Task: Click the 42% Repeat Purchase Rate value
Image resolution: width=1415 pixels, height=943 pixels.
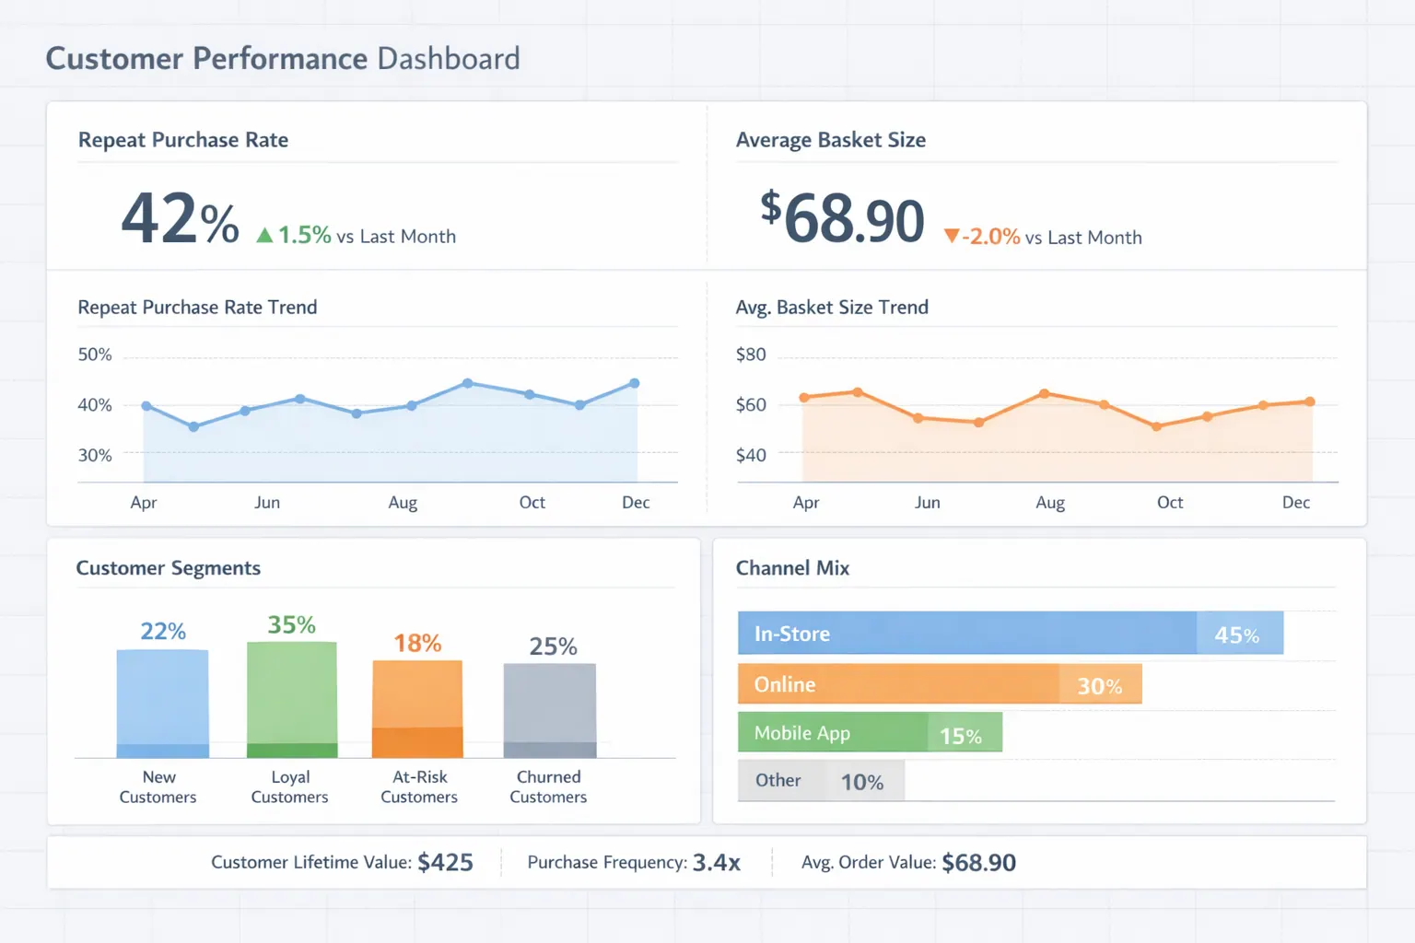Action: click(x=180, y=219)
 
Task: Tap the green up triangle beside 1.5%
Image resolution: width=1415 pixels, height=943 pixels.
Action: click(x=264, y=236)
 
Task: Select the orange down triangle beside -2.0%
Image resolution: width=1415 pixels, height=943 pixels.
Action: click(x=952, y=237)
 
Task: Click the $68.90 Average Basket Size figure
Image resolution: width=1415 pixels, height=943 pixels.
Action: click(x=842, y=219)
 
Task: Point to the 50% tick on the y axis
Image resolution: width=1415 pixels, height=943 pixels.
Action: click(x=95, y=355)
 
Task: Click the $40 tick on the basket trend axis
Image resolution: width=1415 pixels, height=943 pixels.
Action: click(x=751, y=455)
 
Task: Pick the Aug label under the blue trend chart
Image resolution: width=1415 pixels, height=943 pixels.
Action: click(x=403, y=503)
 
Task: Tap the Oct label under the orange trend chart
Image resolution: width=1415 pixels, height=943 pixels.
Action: click(x=1170, y=503)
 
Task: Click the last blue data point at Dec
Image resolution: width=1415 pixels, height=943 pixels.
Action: click(x=634, y=383)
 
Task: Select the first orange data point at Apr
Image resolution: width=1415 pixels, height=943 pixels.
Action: click(x=804, y=398)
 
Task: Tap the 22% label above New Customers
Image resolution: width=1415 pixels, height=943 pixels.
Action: click(x=163, y=632)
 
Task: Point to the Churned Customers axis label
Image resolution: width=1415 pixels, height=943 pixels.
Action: click(x=548, y=787)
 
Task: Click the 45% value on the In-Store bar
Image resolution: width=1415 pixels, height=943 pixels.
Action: click(x=1236, y=635)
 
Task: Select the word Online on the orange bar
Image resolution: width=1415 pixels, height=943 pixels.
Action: click(x=785, y=685)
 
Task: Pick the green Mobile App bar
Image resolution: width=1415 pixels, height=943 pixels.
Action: click(x=869, y=733)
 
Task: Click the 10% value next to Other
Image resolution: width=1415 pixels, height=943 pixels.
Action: click(x=862, y=783)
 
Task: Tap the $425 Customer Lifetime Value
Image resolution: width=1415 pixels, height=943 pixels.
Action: click(x=445, y=863)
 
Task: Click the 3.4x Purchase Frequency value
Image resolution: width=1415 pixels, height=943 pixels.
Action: click(x=716, y=863)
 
